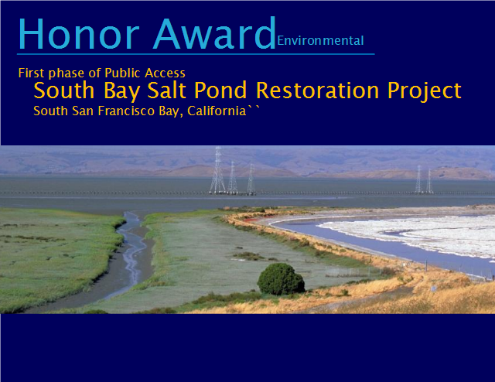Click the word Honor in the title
tap(79, 34)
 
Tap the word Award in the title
tap(215, 33)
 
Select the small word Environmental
tap(320, 41)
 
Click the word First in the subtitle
tap(31, 73)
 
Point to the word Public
tap(122, 73)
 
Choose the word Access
tap(165, 73)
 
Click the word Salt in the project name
tap(166, 90)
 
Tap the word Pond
tap(220, 90)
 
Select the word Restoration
tap(317, 90)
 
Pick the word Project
tap(425, 91)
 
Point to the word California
tap(217, 111)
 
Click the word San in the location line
tap(84, 111)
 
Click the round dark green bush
tap(281, 279)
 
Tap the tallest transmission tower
tap(217, 170)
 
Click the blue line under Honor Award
tap(196, 54)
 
